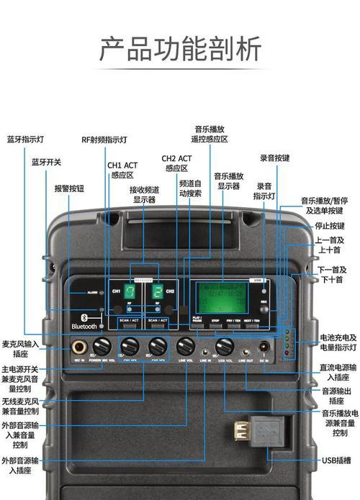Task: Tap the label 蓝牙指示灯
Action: [x=27, y=139]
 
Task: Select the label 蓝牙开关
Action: [x=47, y=163]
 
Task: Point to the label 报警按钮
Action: [x=69, y=188]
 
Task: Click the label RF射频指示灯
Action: [x=104, y=140]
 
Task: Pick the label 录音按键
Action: [x=274, y=158]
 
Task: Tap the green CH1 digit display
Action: [x=130, y=292]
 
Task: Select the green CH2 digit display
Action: [x=156, y=292]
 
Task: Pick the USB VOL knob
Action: [x=225, y=345]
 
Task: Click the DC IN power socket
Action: [x=265, y=346]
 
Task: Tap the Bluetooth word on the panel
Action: [x=84, y=325]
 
